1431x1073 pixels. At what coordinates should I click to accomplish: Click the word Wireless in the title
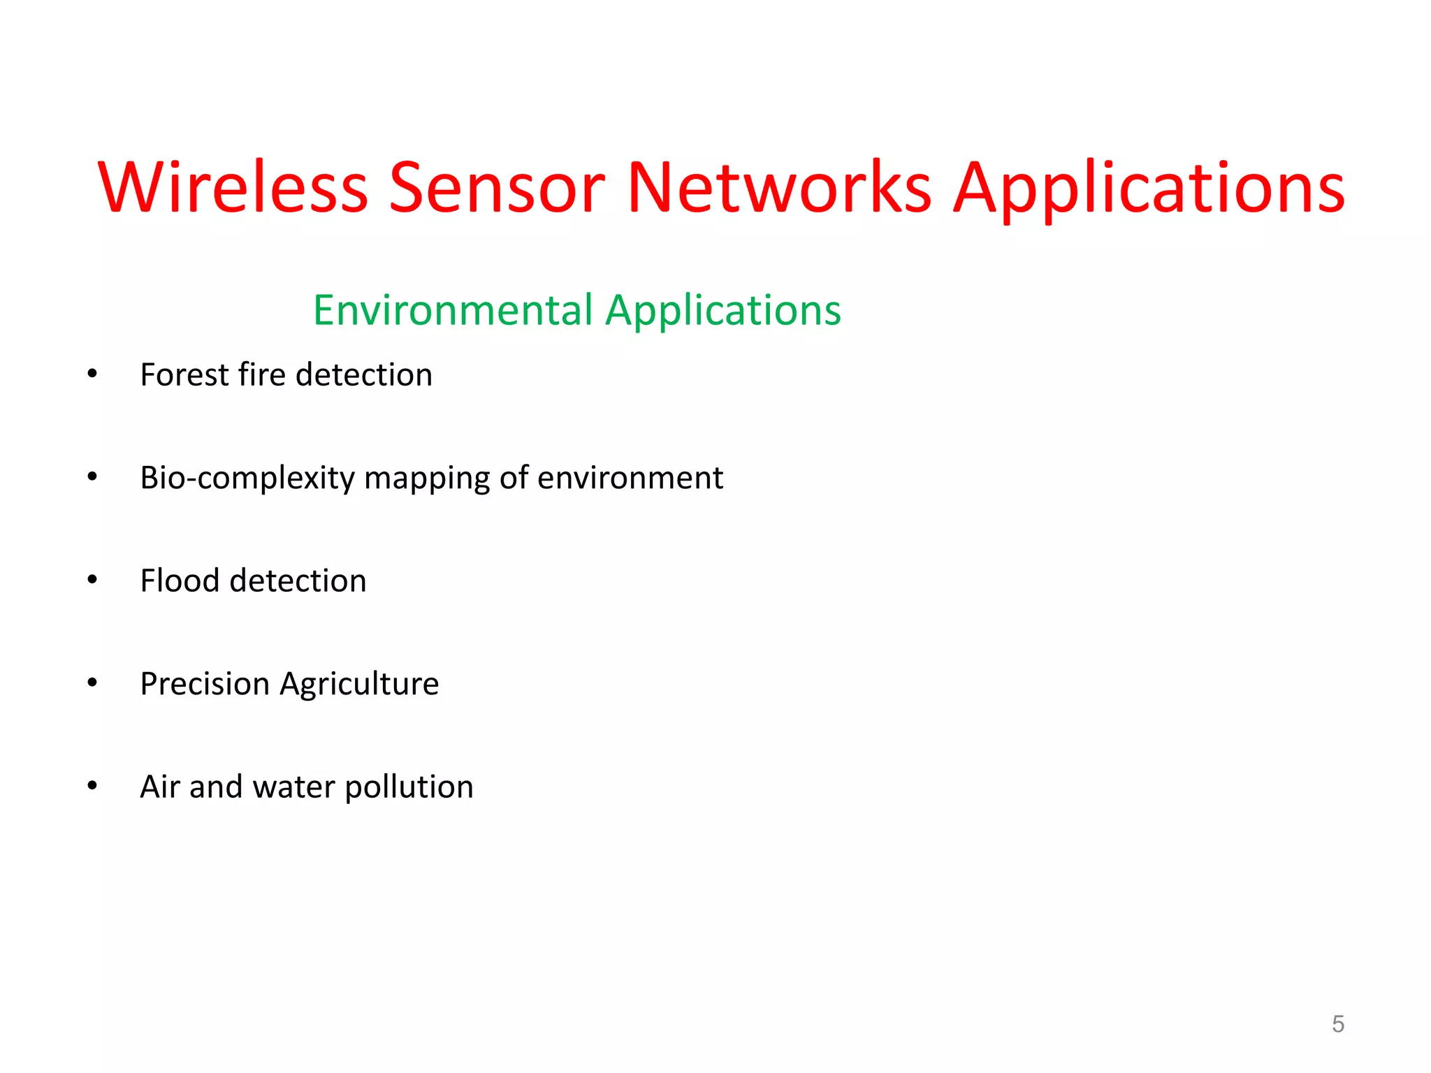point(233,187)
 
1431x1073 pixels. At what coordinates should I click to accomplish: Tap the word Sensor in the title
point(496,187)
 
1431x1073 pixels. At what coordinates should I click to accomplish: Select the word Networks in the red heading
point(779,187)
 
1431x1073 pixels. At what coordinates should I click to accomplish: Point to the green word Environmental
point(453,310)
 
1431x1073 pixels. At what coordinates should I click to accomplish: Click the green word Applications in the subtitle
point(723,312)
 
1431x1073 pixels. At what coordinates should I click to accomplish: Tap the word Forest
point(184,375)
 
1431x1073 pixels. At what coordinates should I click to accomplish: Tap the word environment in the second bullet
point(630,479)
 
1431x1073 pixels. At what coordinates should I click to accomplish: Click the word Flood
point(180,581)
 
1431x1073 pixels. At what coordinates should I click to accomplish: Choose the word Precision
point(205,684)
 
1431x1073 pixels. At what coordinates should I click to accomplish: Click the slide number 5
point(1337,1024)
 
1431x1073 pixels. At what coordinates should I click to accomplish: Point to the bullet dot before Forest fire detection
point(92,374)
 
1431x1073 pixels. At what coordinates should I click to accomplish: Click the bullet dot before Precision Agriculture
point(92,683)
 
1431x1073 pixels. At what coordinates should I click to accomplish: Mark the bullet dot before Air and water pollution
point(92,786)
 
